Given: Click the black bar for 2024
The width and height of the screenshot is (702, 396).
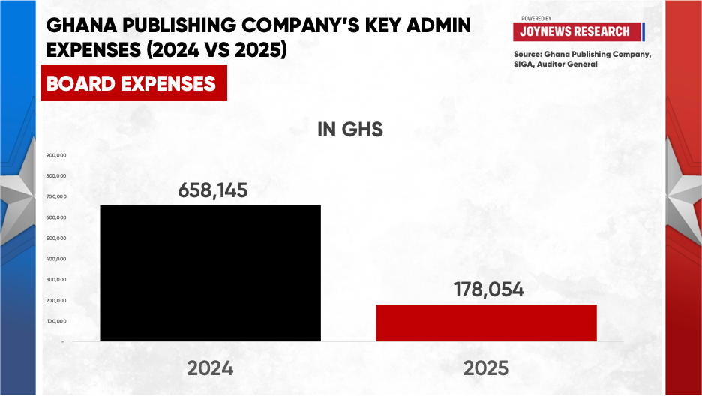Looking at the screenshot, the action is pos(211,273).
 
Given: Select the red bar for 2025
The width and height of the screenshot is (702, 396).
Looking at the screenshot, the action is pos(486,322).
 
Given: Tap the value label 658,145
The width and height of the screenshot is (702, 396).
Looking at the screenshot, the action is pos(213,190).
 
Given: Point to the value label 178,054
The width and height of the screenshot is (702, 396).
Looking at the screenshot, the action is pos(488,289).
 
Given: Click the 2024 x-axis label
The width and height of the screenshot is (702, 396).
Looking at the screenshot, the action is pos(210,368).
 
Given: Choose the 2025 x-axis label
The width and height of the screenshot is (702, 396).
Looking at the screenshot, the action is pos(486,368).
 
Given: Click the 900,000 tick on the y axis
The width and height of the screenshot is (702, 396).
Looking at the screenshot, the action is pos(56,155).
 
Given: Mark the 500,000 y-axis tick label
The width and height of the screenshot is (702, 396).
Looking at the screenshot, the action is pos(56,238).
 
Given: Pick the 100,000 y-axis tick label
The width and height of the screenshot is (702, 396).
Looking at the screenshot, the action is pos(56,321).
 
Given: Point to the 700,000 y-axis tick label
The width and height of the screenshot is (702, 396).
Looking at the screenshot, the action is pos(56,196).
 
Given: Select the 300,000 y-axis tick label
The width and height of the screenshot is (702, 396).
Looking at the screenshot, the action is pos(56,279).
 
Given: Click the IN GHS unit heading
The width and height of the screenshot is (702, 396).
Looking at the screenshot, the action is pos(350,130).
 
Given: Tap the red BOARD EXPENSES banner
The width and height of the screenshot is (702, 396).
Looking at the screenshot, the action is pos(133,82).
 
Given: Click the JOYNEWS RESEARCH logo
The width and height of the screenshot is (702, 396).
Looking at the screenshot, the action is pos(578,31).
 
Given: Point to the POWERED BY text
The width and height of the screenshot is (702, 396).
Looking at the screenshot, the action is pos(536,18).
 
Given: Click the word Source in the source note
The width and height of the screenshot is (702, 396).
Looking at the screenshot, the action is pos(528,54).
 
